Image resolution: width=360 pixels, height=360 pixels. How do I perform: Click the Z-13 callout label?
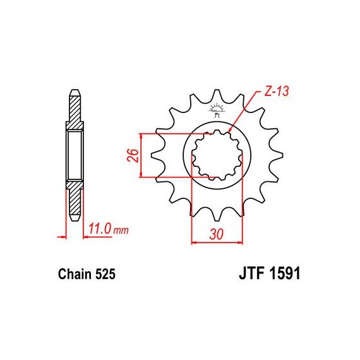(x=276, y=91)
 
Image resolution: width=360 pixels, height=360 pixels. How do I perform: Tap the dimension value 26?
(x=133, y=155)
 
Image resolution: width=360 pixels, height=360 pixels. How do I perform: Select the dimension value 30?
(x=217, y=235)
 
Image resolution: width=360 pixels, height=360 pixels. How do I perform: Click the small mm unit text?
(x=121, y=230)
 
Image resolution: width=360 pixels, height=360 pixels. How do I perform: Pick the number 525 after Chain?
(x=105, y=274)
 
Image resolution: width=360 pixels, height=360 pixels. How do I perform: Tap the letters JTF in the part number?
(x=251, y=273)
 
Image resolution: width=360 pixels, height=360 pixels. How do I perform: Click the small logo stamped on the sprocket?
(x=216, y=111)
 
